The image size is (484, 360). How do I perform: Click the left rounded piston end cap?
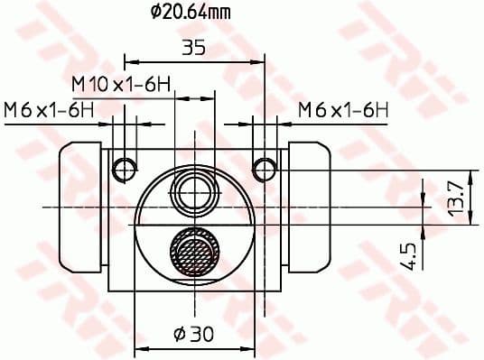tap(80, 208)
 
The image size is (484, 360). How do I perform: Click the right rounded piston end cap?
tap(309, 208)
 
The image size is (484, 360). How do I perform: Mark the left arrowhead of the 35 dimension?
tap(128, 63)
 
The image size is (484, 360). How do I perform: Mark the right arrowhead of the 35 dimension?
tap(263, 63)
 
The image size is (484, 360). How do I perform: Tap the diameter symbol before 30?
tap(179, 334)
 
